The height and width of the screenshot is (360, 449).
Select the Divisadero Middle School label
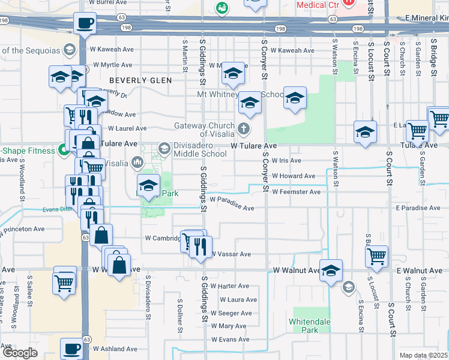coord(200,149)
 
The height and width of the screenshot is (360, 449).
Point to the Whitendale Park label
coord(310,326)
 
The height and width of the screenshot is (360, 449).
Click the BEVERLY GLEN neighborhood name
coord(140,80)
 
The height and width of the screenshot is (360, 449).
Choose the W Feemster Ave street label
coord(296,192)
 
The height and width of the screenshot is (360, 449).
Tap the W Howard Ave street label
coord(293,176)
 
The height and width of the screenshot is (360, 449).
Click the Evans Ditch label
coord(57,209)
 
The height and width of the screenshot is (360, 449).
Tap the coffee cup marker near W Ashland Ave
coord(73,348)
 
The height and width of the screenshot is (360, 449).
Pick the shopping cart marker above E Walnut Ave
coord(376,256)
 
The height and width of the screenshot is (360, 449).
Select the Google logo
coord(20,353)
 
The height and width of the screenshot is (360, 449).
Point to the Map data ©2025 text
coord(424,355)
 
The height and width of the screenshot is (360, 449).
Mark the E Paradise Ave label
coord(418,208)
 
